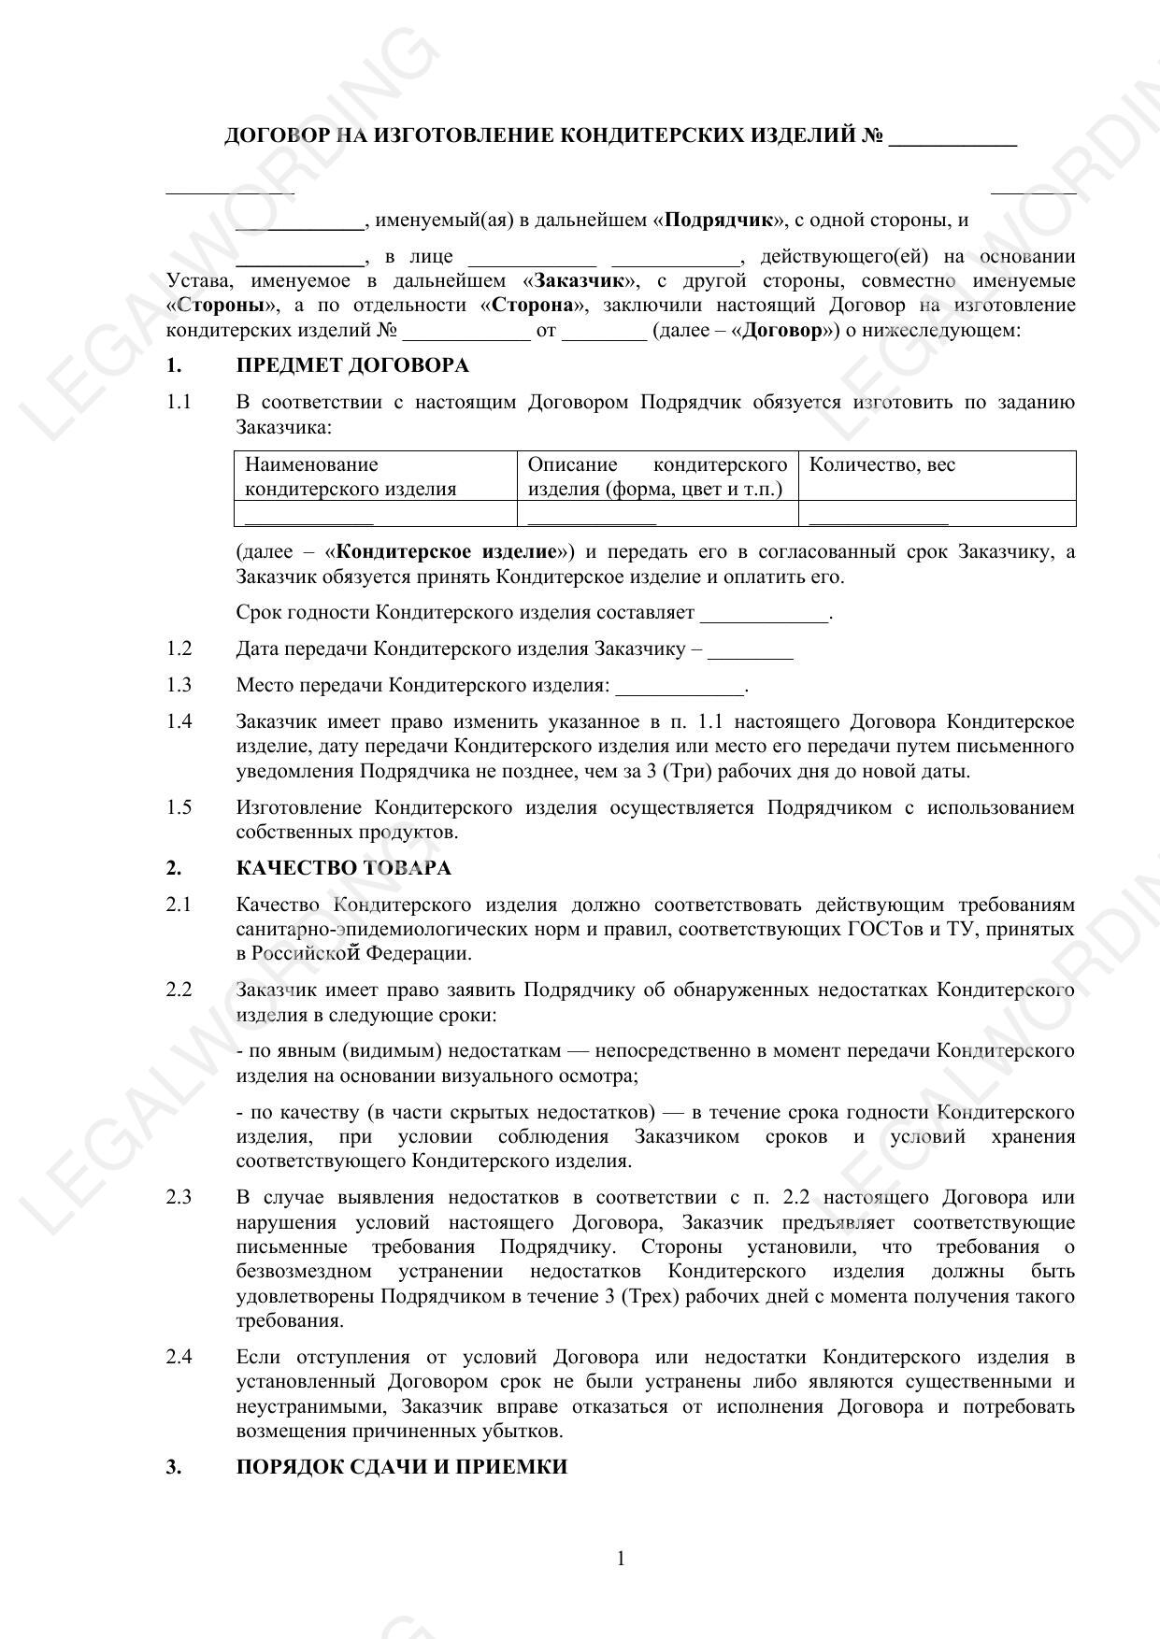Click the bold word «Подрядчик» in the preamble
click(x=720, y=221)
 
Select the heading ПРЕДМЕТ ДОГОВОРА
click(x=352, y=365)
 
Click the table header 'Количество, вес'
click(x=881, y=465)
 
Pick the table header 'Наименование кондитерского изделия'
click(x=351, y=477)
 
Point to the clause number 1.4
click(x=179, y=721)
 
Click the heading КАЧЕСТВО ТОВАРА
click(x=343, y=868)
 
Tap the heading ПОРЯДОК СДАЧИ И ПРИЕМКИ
click(x=401, y=1467)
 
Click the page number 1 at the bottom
click(x=621, y=1558)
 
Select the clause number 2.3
click(x=179, y=1198)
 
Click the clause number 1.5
click(x=179, y=807)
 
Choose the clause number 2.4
click(x=179, y=1357)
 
